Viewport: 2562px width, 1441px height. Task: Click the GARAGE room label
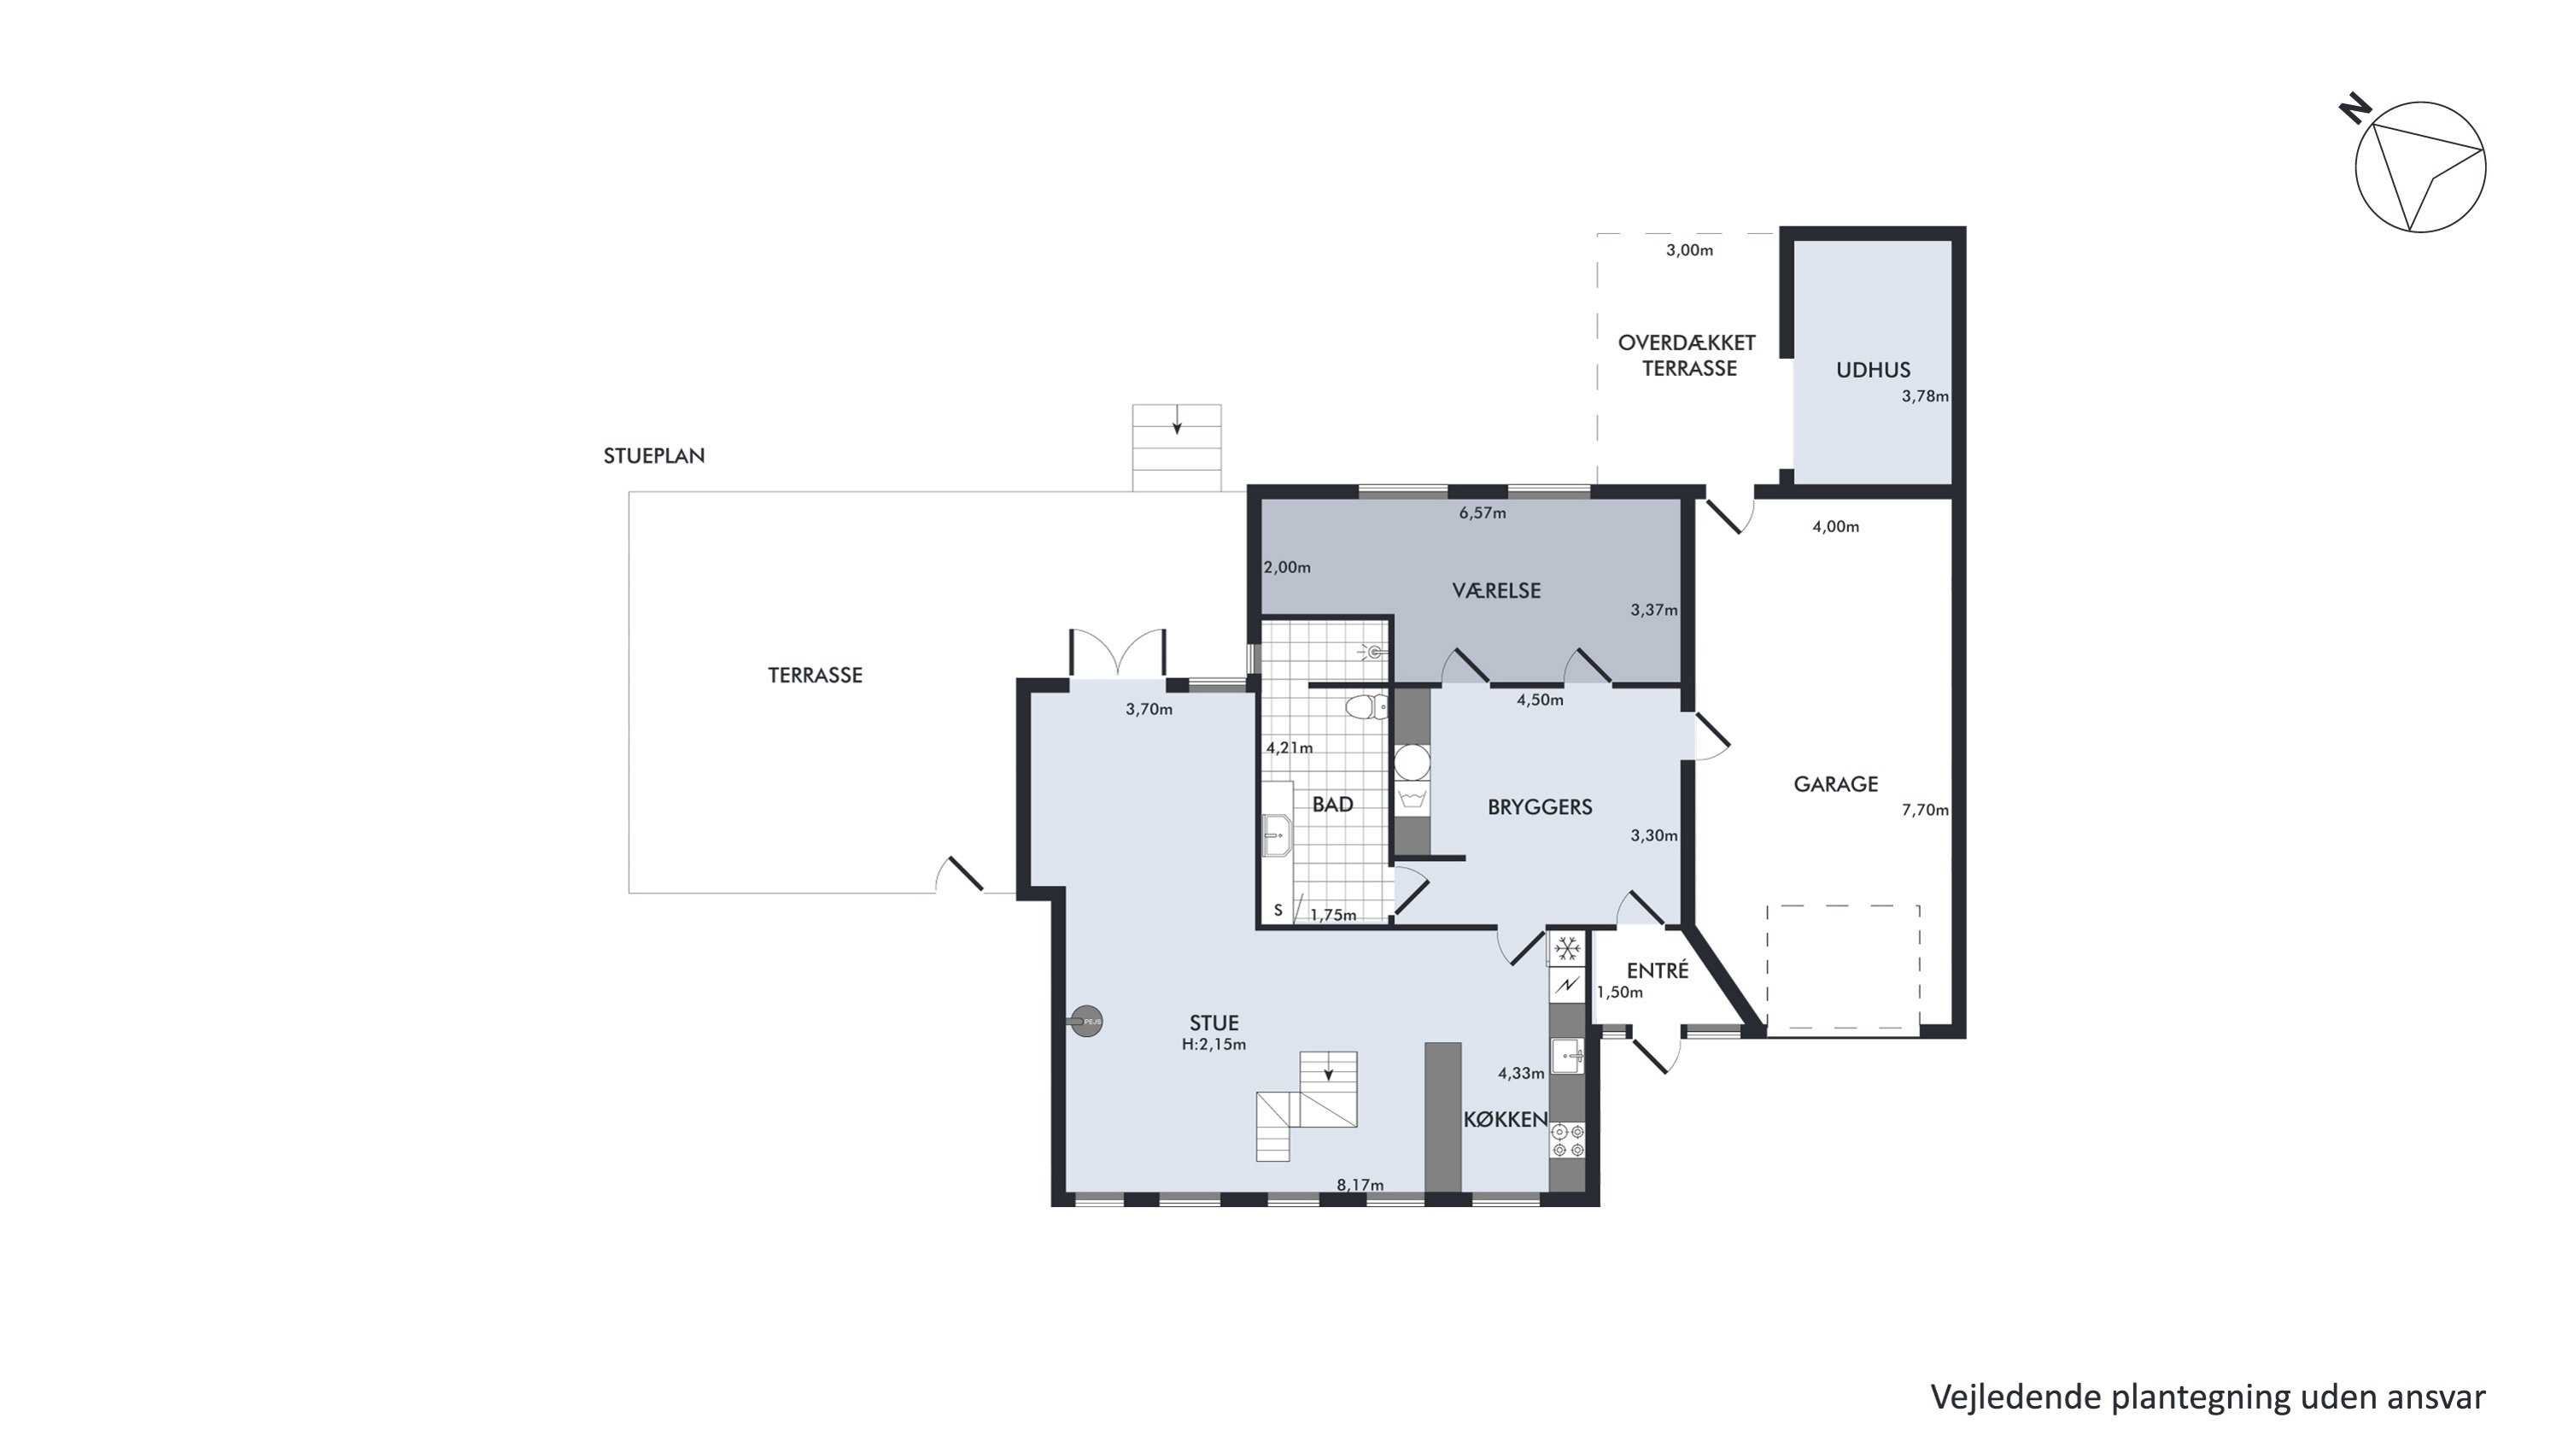coord(1835,785)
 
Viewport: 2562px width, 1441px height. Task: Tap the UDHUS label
coord(1873,371)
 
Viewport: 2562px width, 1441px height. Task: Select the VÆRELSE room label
coord(1496,591)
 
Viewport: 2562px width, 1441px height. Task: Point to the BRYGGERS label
coord(1540,807)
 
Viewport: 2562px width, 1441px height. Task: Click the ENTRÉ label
coord(1657,970)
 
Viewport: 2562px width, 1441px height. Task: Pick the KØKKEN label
coord(1505,1120)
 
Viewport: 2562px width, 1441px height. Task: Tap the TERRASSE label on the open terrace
coord(815,676)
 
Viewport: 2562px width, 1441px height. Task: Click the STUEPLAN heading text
coord(653,455)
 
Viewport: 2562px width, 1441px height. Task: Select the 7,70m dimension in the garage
coord(1924,811)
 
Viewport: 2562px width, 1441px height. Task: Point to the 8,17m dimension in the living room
coord(1360,1186)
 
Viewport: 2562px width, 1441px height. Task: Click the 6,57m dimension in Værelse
coord(1482,513)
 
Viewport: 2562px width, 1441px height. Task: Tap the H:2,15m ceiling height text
coord(1214,1044)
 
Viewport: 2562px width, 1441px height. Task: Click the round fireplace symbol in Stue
coord(1087,1022)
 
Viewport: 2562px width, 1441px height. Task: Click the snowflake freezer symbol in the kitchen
coord(1567,950)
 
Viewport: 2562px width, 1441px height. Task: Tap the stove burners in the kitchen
coord(1567,1140)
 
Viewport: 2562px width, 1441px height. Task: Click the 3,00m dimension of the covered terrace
coord(1690,250)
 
